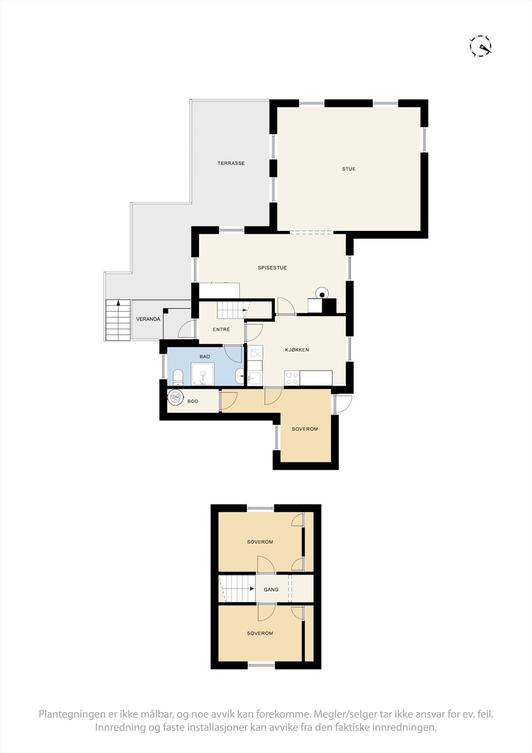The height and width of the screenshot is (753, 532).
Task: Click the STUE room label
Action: pos(349,169)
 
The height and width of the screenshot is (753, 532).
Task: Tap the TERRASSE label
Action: pos(231,163)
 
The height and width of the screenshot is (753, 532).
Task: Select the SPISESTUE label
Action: pos(272,268)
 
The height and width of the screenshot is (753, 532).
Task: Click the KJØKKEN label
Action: pos(297,350)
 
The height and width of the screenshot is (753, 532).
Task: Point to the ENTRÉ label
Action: pos(221,329)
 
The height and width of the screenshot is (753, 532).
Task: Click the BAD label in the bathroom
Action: pos(205,357)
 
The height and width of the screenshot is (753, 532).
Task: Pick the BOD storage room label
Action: pos(193,401)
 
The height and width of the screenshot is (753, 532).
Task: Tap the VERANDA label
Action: pos(148,319)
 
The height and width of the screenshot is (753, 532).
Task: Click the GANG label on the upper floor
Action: pos(271,589)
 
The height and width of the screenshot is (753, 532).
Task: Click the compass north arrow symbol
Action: pos(481,46)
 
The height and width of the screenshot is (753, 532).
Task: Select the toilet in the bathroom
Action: pos(178,377)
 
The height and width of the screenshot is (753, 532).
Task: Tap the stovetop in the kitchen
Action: pos(292,377)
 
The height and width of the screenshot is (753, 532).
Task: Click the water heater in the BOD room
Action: pos(176,397)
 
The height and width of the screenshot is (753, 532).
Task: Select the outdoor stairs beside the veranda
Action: pos(118,320)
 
